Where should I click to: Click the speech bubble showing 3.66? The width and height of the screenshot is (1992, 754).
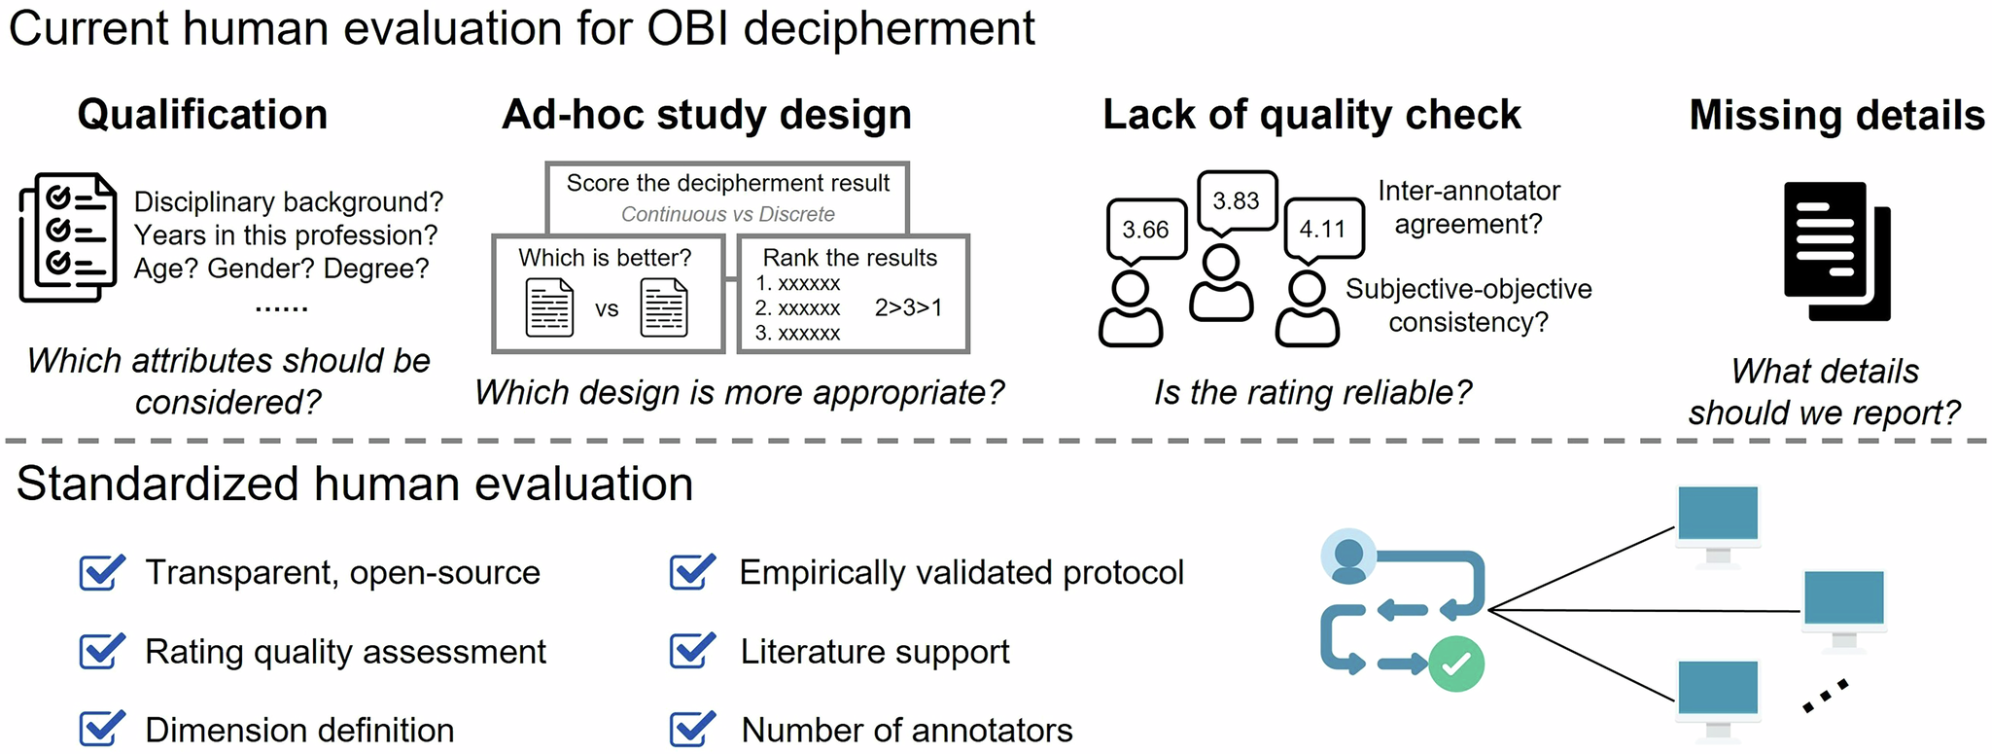click(1145, 230)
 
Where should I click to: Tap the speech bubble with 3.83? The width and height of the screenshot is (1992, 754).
click(1236, 200)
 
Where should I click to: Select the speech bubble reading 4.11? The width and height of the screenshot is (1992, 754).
click(1323, 230)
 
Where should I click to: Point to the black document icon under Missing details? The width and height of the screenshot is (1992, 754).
click(1835, 250)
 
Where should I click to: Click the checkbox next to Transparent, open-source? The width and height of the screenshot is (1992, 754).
click(101, 572)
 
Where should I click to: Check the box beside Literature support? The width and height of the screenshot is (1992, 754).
click(691, 651)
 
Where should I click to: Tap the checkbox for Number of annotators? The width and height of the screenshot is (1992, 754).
click(691, 730)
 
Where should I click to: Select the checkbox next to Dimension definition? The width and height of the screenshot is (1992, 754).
click(101, 730)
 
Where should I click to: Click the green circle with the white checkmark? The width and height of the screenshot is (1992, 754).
click(1455, 664)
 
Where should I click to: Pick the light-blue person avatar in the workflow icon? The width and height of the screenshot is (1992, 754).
click(1348, 557)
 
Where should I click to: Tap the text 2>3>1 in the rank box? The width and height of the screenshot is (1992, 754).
click(908, 307)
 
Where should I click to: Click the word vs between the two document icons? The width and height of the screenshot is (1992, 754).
click(607, 309)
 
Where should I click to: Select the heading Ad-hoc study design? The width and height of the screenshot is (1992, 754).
click(707, 115)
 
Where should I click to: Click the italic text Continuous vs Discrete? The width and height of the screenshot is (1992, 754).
click(727, 214)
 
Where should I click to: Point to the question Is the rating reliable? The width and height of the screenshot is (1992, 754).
click(1312, 392)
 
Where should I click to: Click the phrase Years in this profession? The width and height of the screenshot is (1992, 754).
click(286, 235)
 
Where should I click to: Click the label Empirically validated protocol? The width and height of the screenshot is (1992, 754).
click(961, 572)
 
